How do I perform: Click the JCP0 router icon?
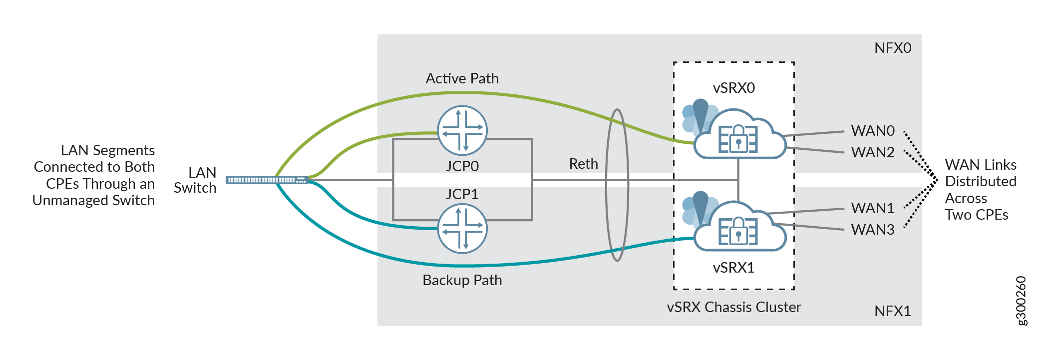click(462, 130)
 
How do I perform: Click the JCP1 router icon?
click(462, 228)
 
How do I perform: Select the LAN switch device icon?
click(267, 180)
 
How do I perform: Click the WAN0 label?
click(873, 131)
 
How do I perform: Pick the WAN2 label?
click(873, 152)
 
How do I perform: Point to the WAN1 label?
click(873, 208)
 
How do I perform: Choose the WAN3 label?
click(873, 230)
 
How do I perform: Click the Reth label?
click(583, 164)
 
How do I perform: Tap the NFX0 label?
click(893, 48)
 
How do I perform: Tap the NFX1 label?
click(893, 311)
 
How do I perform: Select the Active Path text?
click(462, 78)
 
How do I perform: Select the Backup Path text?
click(462, 280)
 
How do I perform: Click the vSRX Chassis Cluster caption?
click(733, 307)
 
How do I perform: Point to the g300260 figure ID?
click(1022, 301)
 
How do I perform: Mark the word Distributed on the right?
click(981, 181)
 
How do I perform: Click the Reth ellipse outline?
click(607, 185)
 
